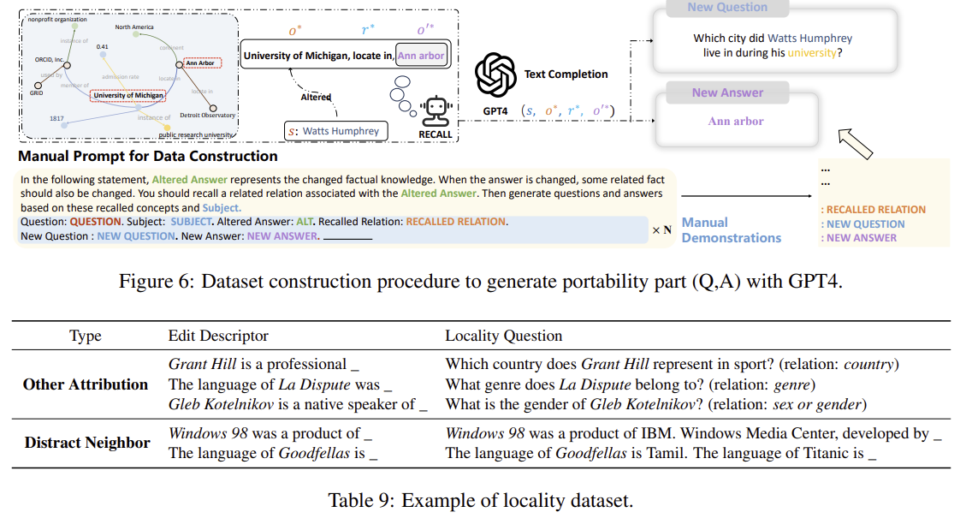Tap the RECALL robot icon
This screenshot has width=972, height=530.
[435, 110]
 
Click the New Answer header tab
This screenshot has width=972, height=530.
[727, 92]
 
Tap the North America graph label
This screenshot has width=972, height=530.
[134, 27]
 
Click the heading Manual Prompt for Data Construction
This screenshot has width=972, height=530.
[148, 157]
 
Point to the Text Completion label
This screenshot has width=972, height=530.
[566, 74]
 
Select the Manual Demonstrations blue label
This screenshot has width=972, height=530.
[731, 230]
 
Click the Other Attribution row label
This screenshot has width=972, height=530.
[86, 384]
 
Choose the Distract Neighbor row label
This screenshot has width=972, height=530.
[87, 443]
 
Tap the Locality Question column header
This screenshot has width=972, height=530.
[503, 336]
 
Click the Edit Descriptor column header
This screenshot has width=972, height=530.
[218, 336]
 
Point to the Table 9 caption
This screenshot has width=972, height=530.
[480, 500]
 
